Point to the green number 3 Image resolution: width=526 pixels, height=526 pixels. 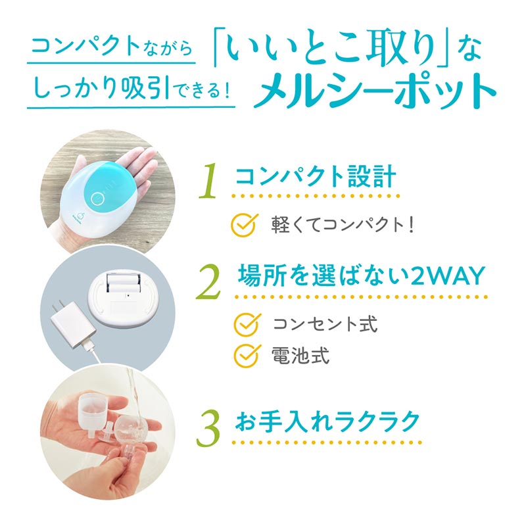(x=208, y=429)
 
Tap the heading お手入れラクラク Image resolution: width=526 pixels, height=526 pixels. (x=327, y=421)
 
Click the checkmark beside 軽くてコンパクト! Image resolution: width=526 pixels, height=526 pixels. (x=245, y=225)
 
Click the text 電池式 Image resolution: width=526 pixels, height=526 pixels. (x=300, y=356)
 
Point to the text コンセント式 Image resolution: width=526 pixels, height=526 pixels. (x=325, y=324)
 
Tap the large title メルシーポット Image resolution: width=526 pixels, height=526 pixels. (x=374, y=90)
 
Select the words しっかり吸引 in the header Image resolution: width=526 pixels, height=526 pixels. (x=103, y=88)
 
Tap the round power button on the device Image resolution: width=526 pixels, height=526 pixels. (x=97, y=197)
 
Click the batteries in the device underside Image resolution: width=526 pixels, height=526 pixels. (x=123, y=283)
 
